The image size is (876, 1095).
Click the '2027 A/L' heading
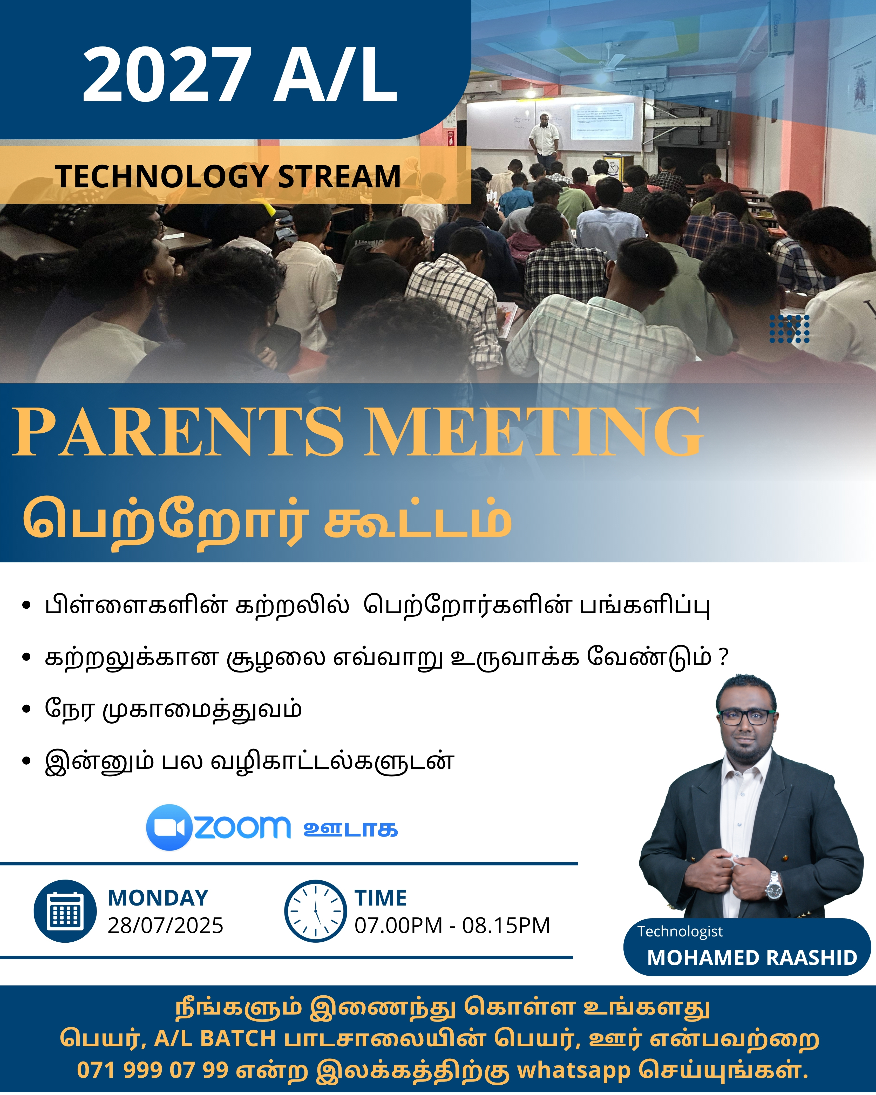coord(240,74)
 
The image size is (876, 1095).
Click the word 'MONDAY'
coord(158,898)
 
